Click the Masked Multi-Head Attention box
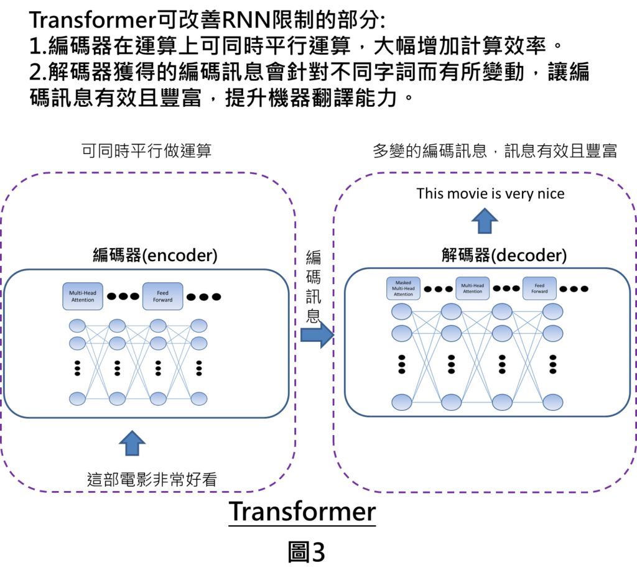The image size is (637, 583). (403, 288)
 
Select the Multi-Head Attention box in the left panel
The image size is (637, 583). (83, 296)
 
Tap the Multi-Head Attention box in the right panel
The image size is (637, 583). (472, 288)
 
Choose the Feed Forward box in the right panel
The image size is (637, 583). (539, 288)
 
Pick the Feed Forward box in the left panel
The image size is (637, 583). (162, 296)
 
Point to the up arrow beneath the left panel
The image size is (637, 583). (132, 443)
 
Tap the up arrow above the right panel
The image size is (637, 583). (485, 221)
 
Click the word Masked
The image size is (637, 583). (403, 283)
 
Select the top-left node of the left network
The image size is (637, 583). (77, 325)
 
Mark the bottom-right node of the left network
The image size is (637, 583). (198, 398)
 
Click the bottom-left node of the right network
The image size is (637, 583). (402, 402)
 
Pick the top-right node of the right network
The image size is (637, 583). (552, 311)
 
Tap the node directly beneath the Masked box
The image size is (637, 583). (402, 311)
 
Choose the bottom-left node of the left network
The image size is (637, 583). (77, 398)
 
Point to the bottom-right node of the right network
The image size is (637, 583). (552, 402)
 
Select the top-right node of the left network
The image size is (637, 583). (198, 325)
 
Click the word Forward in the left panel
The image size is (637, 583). (162, 300)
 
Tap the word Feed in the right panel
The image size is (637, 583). (539, 285)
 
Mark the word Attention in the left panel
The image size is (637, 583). (83, 300)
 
